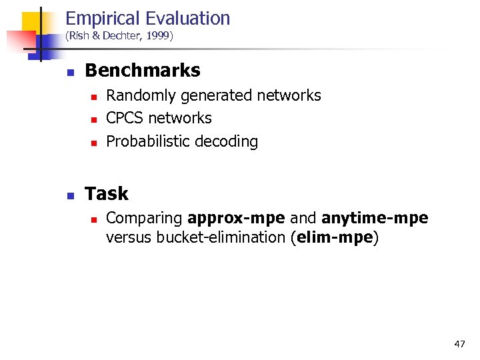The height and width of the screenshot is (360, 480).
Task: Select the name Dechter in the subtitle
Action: pyautogui.click(x=119, y=37)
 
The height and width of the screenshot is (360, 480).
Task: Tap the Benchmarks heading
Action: pyautogui.click(x=143, y=70)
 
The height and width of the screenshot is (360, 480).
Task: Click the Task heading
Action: pyautogui.click(x=107, y=194)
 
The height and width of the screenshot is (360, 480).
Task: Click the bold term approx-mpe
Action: pyautogui.click(x=237, y=219)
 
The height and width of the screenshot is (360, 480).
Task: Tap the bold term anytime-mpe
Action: pyautogui.click(x=375, y=219)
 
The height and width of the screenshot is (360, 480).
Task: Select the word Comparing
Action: pyautogui.click(x=145, y=219)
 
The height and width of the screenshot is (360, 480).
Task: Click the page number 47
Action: pyautogui.click(x=459, y=344)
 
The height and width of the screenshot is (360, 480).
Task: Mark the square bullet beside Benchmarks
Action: pyautogui.click(x=70, y=71)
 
